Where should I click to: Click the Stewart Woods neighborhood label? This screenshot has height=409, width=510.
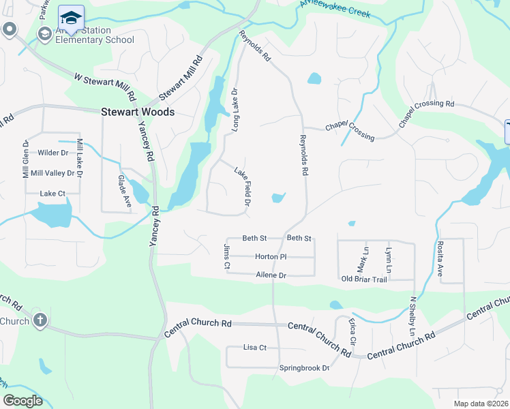[x=138, y=112]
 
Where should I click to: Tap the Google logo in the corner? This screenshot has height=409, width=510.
[x=22, y=401]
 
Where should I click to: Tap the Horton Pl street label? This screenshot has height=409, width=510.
[x=271, y=257]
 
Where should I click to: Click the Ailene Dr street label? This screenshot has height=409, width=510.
[x=271, y=275]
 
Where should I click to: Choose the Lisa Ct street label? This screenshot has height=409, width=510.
[x=254, y=348]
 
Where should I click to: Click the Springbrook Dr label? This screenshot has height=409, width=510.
[x=304, y=368]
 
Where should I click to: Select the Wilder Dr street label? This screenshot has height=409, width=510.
[x=53, y=153]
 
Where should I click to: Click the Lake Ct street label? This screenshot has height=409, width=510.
[x=52, y=194]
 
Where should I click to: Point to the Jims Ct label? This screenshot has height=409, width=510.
[x=226, y=258]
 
